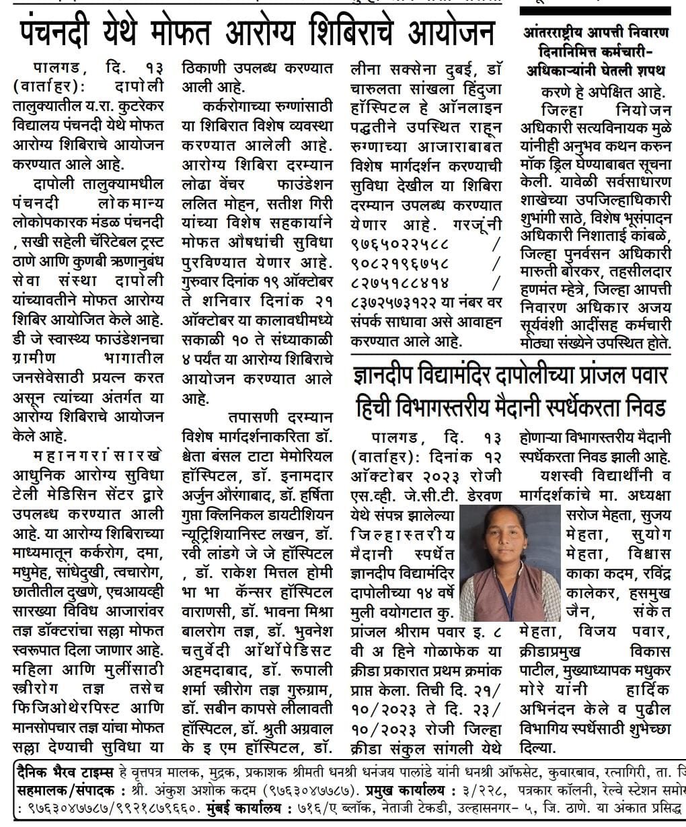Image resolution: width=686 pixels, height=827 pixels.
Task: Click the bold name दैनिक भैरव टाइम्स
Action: (65, 770)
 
